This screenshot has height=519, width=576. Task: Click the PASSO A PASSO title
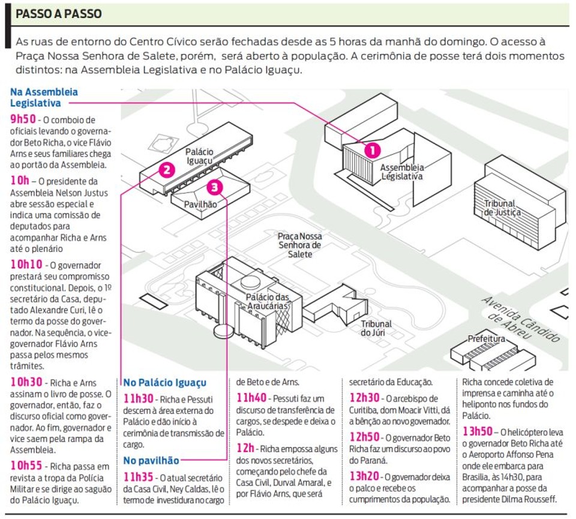(59, 14)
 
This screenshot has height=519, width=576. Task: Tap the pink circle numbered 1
(373, 150)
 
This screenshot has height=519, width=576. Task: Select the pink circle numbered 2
(167, 170)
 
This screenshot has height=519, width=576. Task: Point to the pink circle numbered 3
(215, 188)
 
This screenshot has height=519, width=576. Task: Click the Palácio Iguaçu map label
(199, 156)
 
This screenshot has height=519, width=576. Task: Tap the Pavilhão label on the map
(200, 205)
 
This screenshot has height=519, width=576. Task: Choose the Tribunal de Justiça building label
(502, 208)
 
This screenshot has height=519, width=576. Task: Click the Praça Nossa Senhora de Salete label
(300, 245)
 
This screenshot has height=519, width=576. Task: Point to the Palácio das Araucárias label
(268, 302)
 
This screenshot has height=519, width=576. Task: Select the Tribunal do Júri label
(376, 328)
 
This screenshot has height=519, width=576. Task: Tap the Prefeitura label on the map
(487, 338)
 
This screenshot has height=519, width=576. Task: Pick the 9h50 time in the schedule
(23, 119)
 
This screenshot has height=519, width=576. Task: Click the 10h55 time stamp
(26, 466)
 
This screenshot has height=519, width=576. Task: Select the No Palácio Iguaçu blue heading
(164, 383)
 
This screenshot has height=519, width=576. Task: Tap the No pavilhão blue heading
(151, 461)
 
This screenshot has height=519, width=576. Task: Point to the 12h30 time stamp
(364, 398)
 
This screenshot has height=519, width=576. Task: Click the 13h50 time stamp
(477, 431)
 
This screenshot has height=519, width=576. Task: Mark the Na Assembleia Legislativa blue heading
(44, 97)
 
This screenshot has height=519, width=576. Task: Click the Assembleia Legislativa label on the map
(402, 172)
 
